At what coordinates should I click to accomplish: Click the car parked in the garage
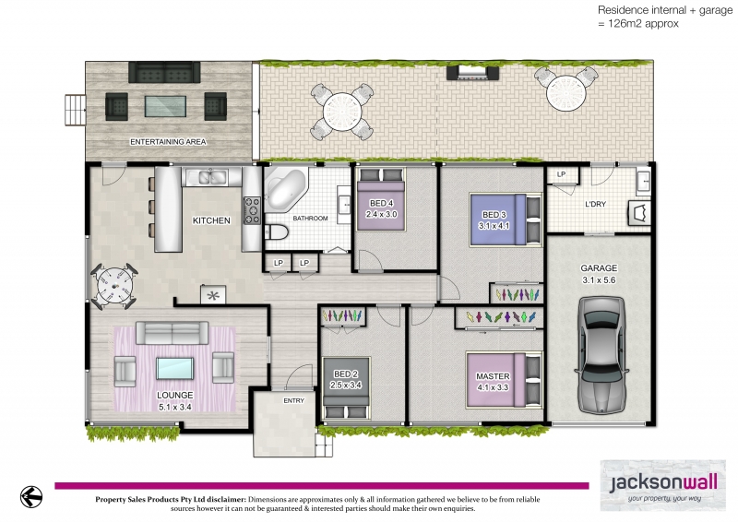601,355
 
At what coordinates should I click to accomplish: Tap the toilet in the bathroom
277,232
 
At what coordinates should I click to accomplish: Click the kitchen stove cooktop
252,210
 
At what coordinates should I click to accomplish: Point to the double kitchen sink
206,177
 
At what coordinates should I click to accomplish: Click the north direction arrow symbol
31,496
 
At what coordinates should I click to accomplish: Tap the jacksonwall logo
662,485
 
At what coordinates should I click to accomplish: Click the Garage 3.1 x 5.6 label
599,274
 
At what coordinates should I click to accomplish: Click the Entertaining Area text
168,142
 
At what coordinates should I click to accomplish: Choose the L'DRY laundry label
595,204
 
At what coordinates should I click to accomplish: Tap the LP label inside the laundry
561,174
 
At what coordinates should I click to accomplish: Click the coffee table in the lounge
174,368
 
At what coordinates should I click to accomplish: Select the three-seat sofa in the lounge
173,333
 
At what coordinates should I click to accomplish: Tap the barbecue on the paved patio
472,72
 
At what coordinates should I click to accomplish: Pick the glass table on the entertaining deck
165,106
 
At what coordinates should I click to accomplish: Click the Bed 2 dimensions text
346,385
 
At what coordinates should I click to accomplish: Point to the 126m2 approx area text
638,23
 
